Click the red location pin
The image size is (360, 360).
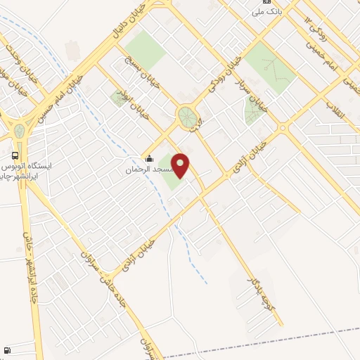pyautogui.click(x=181, y=165)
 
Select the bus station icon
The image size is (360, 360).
pyautogui.click(x=15, y=155)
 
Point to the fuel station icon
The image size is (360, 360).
pyautogui.click(x=7, y=350)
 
